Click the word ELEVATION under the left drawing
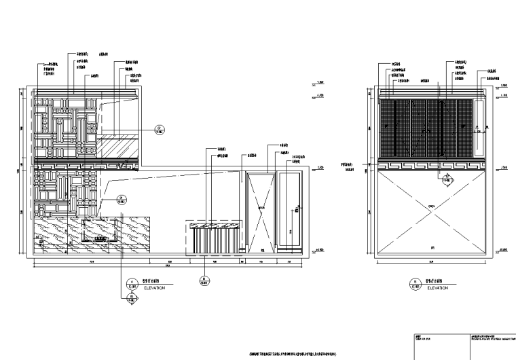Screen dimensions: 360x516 [x=153, y=288]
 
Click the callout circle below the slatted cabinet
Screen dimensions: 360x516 [x=202, y=278]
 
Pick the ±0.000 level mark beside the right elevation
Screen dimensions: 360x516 [x=503, y=251]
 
